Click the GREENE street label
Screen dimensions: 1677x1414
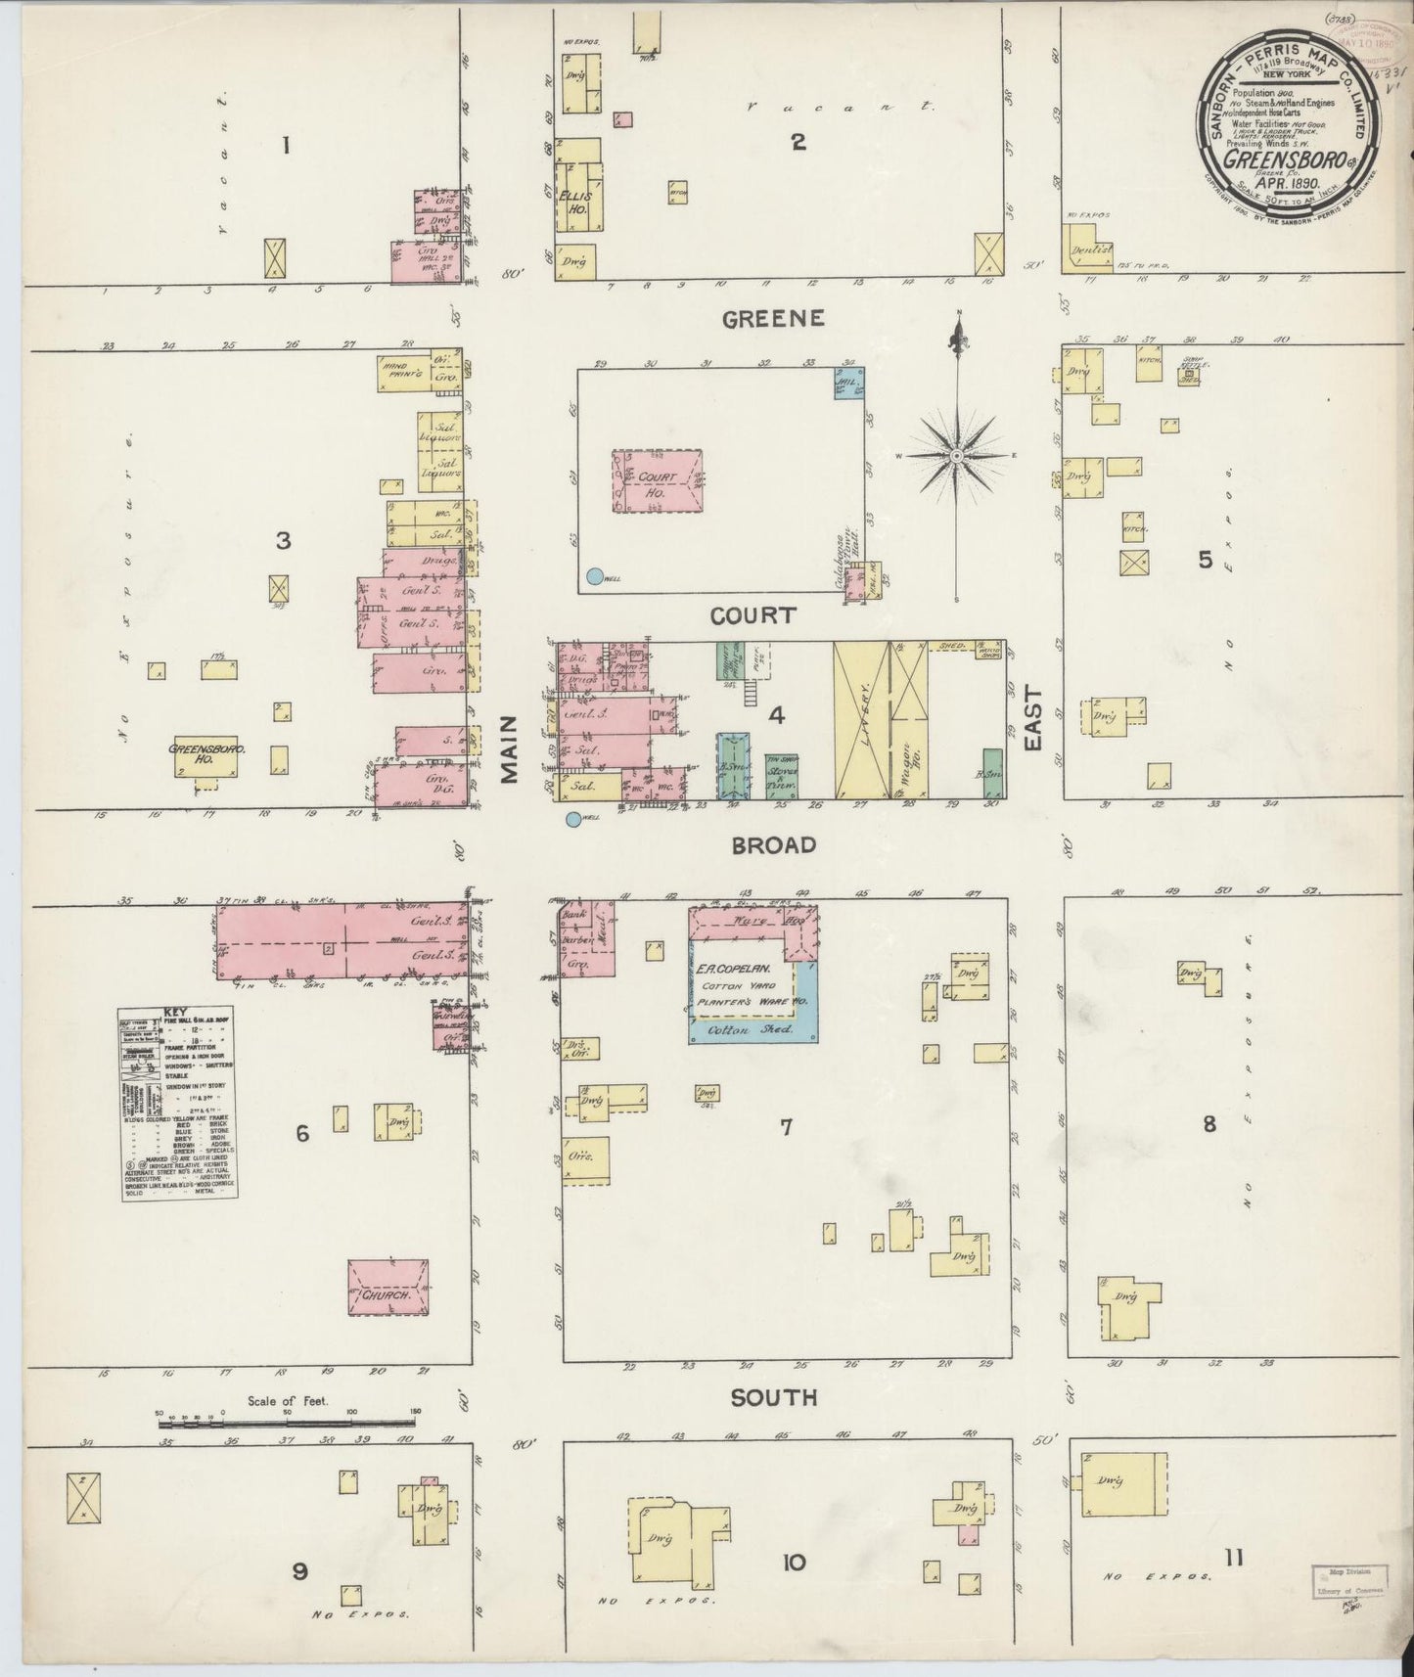773,318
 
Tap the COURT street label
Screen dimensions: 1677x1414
752,615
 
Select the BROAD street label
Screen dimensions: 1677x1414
773,845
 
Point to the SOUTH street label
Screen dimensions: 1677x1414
773,1398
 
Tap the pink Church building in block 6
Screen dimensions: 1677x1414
388,1289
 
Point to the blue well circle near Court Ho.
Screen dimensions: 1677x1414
593,576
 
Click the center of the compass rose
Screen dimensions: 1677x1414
956,455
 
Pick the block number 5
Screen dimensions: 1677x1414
1206,560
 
